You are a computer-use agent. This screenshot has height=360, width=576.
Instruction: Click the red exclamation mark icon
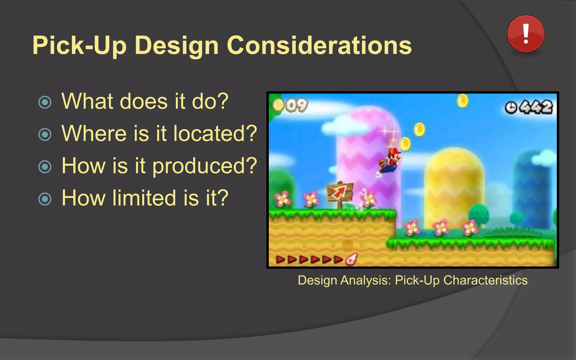(526, 34)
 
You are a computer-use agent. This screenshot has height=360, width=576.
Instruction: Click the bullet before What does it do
(45, 102)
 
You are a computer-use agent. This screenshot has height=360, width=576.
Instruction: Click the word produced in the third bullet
(204, 166)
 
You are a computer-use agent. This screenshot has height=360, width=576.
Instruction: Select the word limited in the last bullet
(144, 198)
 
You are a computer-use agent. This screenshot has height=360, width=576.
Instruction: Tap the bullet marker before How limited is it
(45, 199)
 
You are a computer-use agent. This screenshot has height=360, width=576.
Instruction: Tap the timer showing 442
(529, 107)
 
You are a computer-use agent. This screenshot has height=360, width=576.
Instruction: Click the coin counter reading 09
(291, 105)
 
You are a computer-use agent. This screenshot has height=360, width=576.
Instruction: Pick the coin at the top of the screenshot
(462, 101)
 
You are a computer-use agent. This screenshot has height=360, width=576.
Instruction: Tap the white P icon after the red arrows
(351, 260)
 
